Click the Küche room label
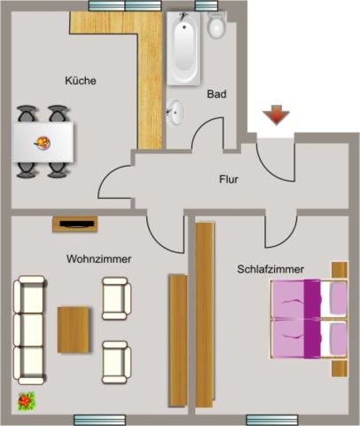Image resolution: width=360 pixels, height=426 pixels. pyautogui.click(x=80, y=81)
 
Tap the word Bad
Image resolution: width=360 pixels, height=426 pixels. pyautogui.click(x=216, y=93)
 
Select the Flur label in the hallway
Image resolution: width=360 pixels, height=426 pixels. pyautogui.click(x=229, y=179)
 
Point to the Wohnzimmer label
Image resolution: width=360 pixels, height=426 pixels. pyautogui.click(x=98, y=259)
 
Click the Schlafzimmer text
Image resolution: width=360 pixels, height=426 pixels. pyautogui.click(x=270, y=268)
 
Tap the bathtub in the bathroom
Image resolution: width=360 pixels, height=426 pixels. pyautogui.click(x=187, y=48)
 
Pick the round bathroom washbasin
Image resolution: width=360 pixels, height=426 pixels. pyautogui.click(x=177, y=112)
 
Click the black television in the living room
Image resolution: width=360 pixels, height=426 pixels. pyautogui.click(x=74, y=224)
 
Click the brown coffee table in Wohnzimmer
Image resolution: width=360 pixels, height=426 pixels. pyautogui.click(x=74, y=328)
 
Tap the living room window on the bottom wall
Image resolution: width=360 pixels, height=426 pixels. pyautogui.click(x=99, y=420)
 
